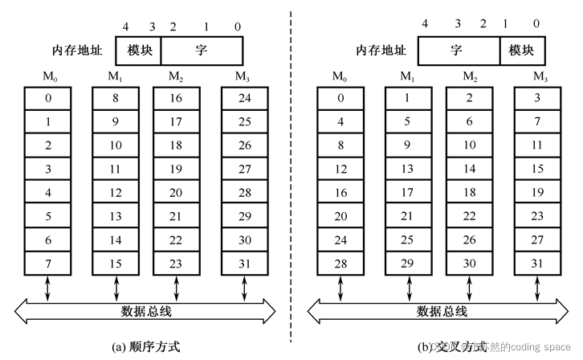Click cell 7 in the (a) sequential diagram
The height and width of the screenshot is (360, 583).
(x=47, y=263)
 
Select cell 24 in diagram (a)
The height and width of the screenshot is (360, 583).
(x=245, y=99)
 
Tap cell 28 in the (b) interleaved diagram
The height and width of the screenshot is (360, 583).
(x=340, y=263)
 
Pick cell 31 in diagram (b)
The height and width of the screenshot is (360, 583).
(x=537, y=263)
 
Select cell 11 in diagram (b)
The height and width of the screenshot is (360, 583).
(x=537, y=145)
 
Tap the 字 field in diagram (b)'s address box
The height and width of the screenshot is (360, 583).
(x=457, y=50)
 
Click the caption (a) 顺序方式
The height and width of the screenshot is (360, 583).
(x=145, y=346)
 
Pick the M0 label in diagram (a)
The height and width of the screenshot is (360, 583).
(x=47, y=77)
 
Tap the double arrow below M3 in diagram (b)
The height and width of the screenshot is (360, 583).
(x=537, y=288)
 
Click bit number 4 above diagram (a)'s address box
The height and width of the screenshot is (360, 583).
(x=126, y=27)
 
